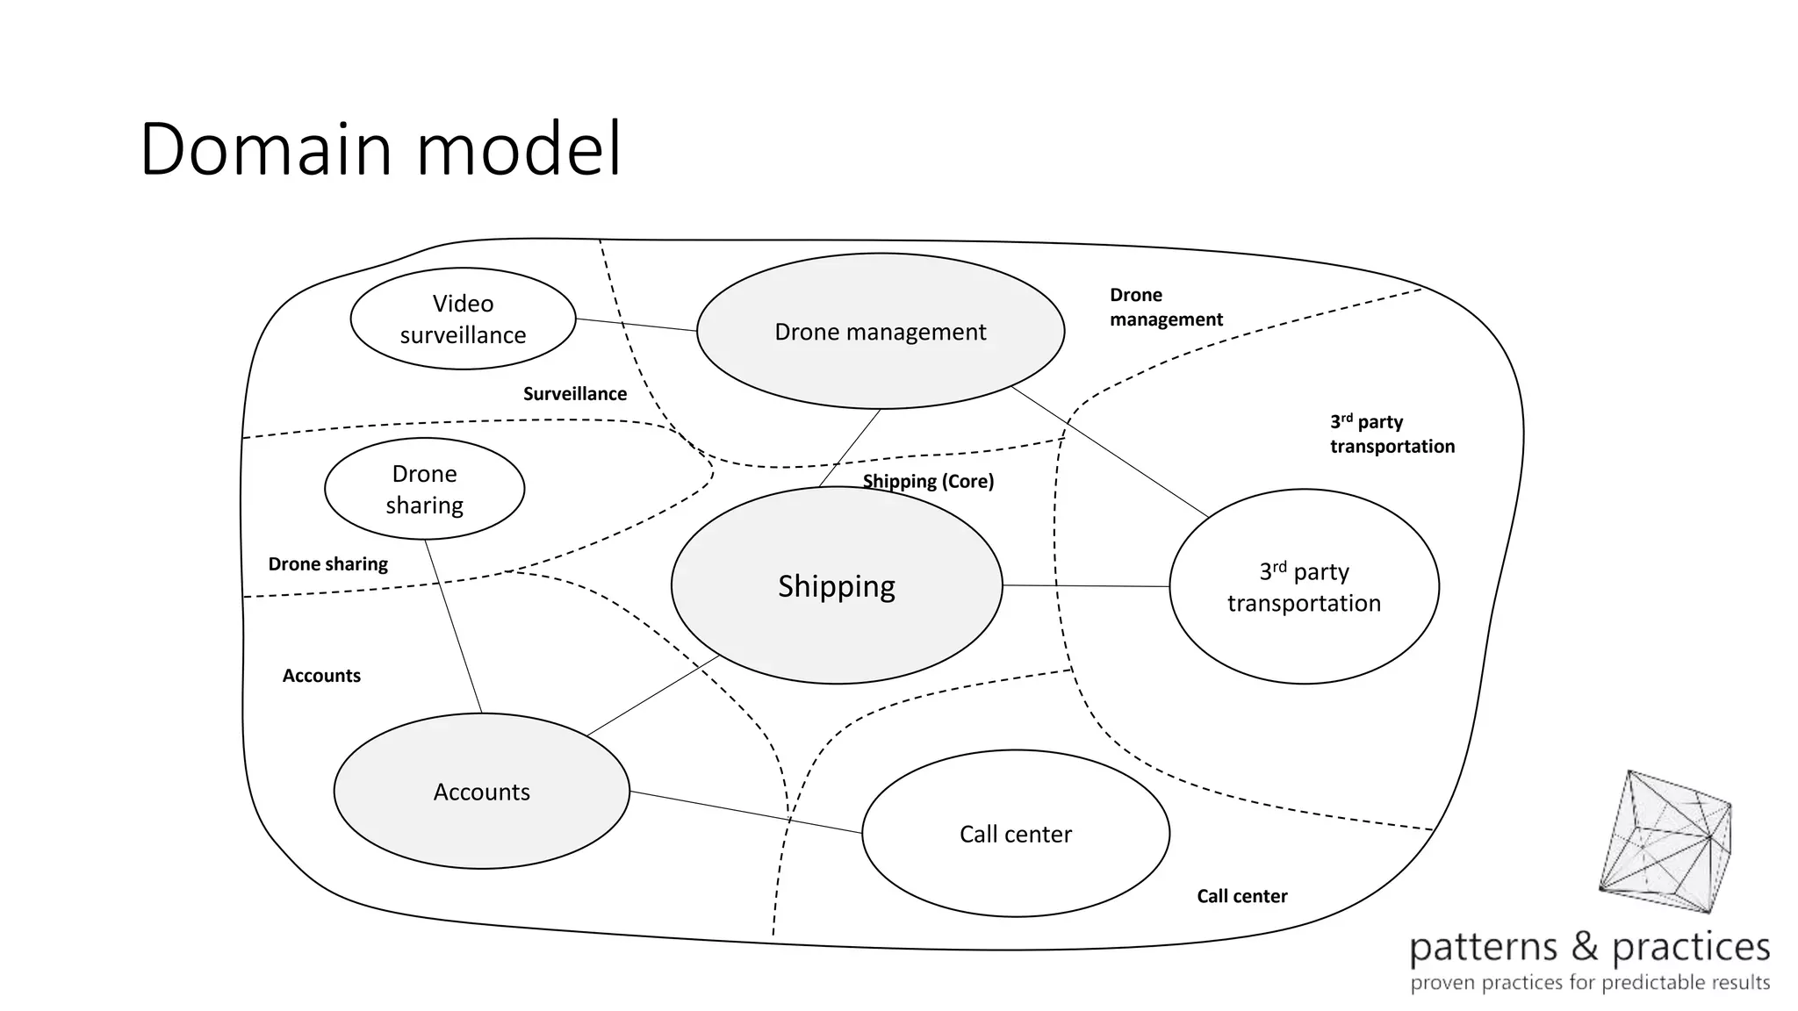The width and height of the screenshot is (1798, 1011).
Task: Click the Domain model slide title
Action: [x=380, y=149]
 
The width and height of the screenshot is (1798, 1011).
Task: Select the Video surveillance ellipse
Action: [x=463, y=319]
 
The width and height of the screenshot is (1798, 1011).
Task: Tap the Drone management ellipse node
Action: [x=881, y=332]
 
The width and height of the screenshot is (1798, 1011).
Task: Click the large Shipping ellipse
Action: [x=837, y=586]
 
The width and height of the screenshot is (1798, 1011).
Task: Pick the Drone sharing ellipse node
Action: [x=424, y=489]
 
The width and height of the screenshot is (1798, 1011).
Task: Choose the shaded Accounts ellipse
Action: [x=481, y=792]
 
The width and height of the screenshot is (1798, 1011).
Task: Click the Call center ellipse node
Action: [x=1016, y=834]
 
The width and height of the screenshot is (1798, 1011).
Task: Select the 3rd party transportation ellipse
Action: [x=1304, y=587]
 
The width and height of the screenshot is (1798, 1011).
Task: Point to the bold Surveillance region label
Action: [x=575, y=394]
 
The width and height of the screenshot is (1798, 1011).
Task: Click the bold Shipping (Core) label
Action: [x=928, y=481]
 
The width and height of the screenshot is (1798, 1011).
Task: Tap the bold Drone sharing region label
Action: [x=327, y=564]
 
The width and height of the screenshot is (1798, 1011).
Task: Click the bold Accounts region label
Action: [x=321, y=676]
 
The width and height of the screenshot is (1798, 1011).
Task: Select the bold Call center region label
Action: [x=1241, y=896]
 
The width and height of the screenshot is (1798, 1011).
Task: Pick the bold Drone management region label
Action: [x=1165, y=307]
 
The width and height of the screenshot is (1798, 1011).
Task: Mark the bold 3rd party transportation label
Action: [x=1392, y=434]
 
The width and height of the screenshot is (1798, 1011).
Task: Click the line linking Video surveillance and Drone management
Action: [x=636, y=325]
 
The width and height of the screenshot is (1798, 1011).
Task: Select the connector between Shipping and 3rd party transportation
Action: [x=1086, y=585]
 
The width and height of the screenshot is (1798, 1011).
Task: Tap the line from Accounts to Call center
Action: [x=746, y=813]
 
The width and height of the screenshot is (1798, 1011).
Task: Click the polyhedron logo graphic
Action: [x=1665, y=842]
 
